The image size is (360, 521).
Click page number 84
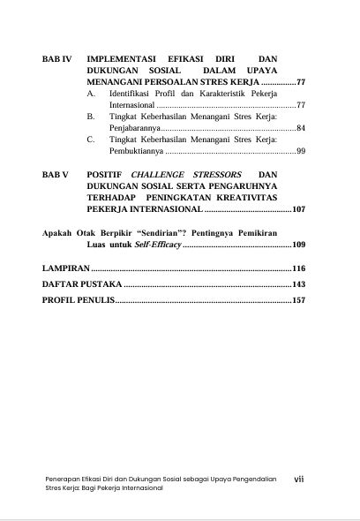tap(300, 128)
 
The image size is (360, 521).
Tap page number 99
tap(300, 152)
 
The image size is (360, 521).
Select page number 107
tap(298, 211)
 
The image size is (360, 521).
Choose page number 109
tap(298, 244)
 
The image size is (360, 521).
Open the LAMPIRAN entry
tap(66, 267)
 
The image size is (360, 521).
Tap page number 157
tap(298, 301)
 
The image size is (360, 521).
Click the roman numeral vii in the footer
tap(298, 479)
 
